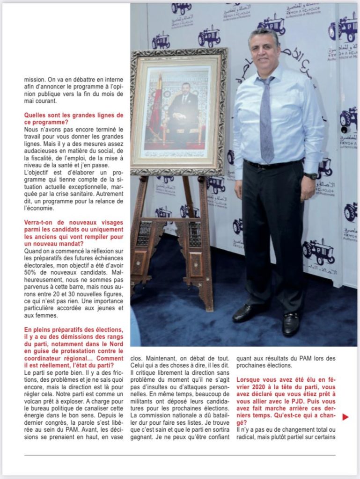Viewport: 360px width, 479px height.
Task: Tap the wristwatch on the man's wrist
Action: click(310, 176)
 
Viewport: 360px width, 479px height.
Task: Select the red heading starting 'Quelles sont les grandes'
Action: click(73, 119)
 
